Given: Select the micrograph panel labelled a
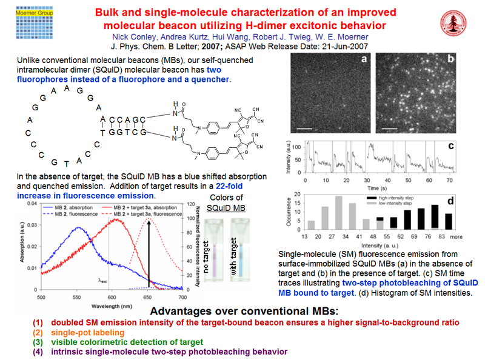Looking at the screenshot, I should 329,93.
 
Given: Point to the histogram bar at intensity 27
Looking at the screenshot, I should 339,212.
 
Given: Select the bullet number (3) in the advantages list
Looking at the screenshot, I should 38,342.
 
